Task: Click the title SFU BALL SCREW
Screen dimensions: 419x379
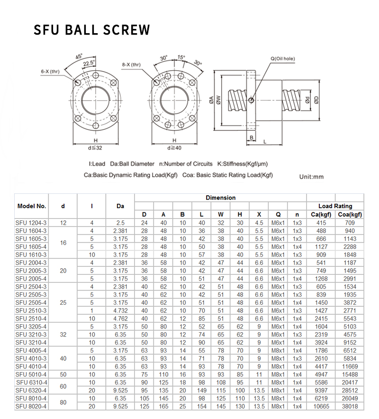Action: coord(92,30)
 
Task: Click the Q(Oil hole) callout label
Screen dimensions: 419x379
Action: coord(282,59)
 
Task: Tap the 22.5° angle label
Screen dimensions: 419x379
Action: coord(89,62)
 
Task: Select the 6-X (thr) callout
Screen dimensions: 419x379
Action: coord(50,72)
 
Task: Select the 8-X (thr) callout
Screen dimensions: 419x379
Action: coord(131,64)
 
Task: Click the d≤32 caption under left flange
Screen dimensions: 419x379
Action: coord(95,148)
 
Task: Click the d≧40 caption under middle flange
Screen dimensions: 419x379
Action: coord(174,148)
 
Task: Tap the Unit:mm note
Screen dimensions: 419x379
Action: coord(311,176)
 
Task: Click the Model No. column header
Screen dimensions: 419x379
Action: coord(32,206)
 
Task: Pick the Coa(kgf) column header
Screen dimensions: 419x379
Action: coord(350,215)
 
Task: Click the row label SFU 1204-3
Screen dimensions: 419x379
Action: coord(31,222)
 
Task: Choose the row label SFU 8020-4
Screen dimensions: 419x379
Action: coord(31,406)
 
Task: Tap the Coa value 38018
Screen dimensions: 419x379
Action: coord(350,406)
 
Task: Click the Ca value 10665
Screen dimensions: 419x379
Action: coord(321,406)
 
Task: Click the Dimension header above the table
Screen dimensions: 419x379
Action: coord(220,198)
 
